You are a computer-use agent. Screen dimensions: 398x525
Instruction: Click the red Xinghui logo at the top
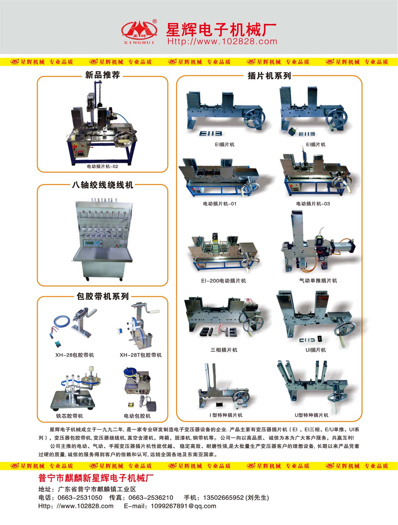click(x=139, y=31)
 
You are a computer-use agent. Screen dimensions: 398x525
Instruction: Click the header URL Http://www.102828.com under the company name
click(x=222, y=42)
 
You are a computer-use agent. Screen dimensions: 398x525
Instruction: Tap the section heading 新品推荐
click(x=102, y=75)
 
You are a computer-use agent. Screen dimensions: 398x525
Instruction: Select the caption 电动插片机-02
click(x=102, y=166)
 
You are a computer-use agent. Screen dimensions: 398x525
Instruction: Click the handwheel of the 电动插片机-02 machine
click(x=124, y=140)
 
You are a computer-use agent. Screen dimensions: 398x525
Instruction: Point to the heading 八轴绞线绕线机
click(x=102, y=185)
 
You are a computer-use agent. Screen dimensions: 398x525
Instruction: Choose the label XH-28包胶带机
click(x=75, y=355)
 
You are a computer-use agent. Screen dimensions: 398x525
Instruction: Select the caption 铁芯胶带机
click(x=70, y=416)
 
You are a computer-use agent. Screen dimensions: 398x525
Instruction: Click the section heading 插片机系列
click(x=269, y=76)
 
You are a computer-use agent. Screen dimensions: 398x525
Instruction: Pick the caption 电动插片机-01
click(x=220, y=204)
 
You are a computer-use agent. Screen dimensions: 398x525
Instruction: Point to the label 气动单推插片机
click(x=318, y=280)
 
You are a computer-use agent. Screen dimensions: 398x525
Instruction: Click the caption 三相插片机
click(x=224, y=350)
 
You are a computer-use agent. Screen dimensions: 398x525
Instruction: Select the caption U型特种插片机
click(x=311, y=415)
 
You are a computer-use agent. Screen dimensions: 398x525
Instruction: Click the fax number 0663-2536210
click(x=151, y=498)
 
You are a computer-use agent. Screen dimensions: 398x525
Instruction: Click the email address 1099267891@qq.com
click(x=183, y=506)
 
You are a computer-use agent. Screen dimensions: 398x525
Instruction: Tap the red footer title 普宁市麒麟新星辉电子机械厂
click(x=96, y=478)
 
